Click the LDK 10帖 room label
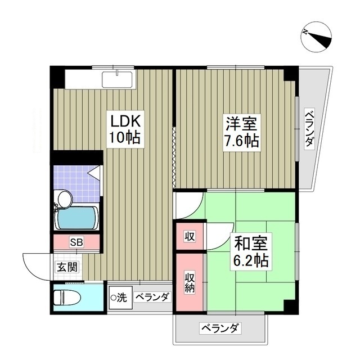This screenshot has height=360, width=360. coord(125,129)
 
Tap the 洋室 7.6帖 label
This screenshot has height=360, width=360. coord(241,133)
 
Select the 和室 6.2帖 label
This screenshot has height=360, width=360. coord(251,251)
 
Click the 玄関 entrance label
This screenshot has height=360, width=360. coord(67,267)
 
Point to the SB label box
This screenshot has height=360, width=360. coord(76,242)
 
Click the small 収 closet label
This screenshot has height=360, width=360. coord(190,236)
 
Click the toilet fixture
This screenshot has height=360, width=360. coord(67,298)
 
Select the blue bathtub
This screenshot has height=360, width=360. coord(76,218)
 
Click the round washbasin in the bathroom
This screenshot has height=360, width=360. coord(65,199)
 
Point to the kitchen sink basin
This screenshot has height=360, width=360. coord(117,80)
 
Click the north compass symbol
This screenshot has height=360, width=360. coord(316,37)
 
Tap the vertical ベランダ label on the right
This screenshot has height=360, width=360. coord(309,129)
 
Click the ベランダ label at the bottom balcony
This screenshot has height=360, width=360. coord(220,328)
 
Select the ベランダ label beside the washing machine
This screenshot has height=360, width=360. coord(153,298)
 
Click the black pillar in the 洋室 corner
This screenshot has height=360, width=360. coord(291,74)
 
